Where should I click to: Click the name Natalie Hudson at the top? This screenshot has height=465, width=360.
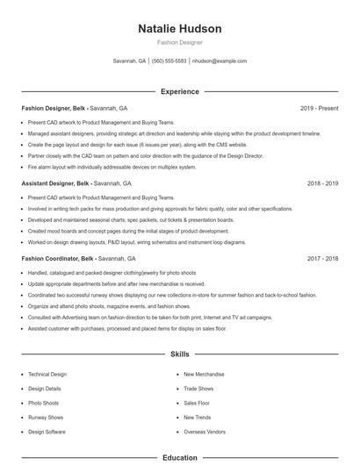180,29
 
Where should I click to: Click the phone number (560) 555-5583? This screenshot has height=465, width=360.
169,61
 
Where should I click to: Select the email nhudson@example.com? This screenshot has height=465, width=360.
219,61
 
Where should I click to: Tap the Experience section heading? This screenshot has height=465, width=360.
180,91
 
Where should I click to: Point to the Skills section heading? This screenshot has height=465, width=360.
180,354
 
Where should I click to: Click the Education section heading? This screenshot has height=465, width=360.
180,457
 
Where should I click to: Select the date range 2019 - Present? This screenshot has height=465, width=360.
319,108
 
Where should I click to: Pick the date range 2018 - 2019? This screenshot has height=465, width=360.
322,183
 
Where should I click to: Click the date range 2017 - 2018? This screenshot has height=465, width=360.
322,259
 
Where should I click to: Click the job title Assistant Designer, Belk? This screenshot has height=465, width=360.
56,183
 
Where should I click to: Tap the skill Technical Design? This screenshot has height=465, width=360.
47,374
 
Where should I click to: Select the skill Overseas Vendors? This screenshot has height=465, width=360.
204,432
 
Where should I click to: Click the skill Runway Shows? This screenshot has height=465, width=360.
46,418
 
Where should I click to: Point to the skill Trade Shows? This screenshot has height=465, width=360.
198,388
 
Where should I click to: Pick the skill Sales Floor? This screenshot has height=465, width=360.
197,403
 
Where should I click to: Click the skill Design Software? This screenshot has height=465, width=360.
47,432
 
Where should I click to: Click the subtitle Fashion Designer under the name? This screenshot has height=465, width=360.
180,42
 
